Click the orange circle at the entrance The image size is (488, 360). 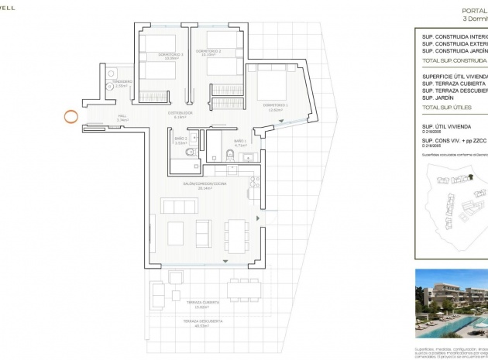[x=70, y=118]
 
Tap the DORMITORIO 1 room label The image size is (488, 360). [x=275, y=105]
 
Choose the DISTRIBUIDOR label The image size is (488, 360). [x=180, y=113]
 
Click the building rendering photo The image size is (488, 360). [x=452, y=303]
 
